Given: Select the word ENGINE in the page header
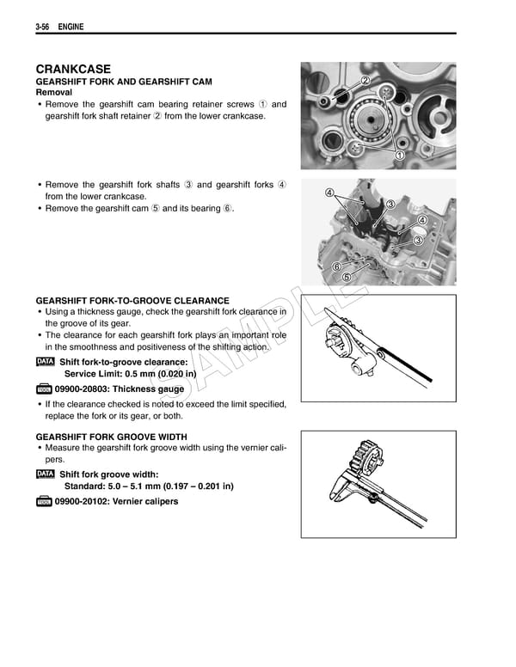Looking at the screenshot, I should [71, 29].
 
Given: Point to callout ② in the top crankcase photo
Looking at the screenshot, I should [365, 81].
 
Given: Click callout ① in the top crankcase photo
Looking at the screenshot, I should [400, 155].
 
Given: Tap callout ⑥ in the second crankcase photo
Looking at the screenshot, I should [336, 266].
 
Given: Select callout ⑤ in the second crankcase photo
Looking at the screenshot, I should [347, 277].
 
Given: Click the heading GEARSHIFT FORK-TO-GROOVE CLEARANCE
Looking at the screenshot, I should [132, 301].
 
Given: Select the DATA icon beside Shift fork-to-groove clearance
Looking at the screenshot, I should [46, 362].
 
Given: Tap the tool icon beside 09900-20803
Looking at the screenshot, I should [45, 389].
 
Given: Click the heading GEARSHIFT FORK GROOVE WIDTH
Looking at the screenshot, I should [111, 437].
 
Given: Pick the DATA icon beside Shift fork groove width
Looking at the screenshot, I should [46, 474].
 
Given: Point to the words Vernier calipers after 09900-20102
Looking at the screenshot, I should [148, 501].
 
